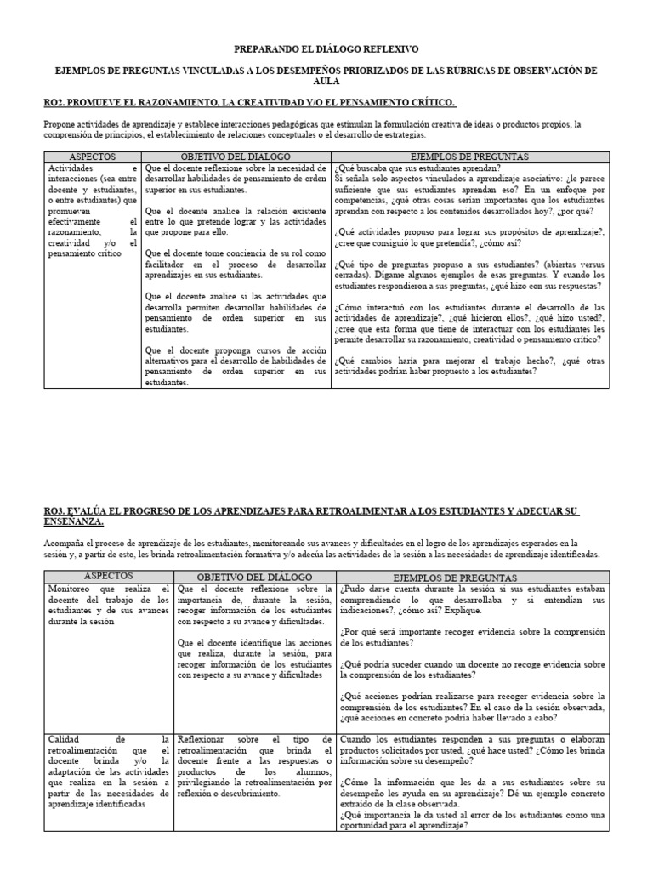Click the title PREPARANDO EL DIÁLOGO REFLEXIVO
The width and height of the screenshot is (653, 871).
tap(326, 50)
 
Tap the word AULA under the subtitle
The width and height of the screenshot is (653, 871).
tap(326, 83)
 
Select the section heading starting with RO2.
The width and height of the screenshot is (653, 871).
tap(250, 103)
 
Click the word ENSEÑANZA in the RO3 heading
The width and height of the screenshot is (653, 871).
tap(75, 521)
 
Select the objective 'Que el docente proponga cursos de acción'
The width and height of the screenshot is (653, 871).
tap(236, 366)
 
